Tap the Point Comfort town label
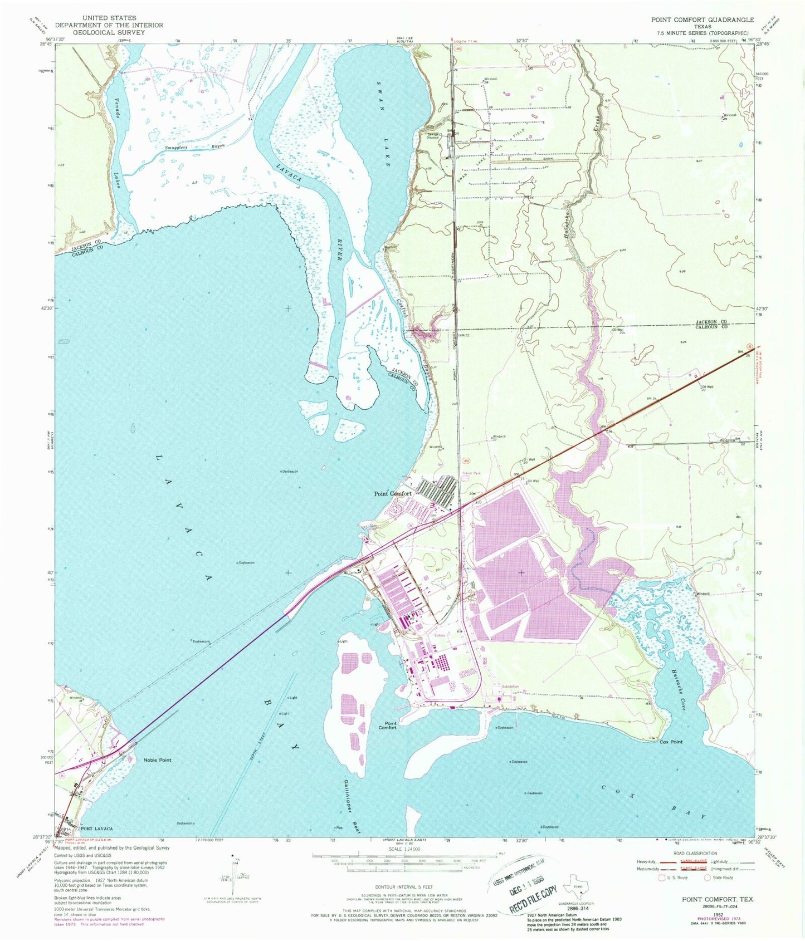(393, 493)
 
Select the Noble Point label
(158, 760)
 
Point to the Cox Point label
(671, 742)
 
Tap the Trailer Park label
(471, 474)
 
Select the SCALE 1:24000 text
(405, 849)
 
